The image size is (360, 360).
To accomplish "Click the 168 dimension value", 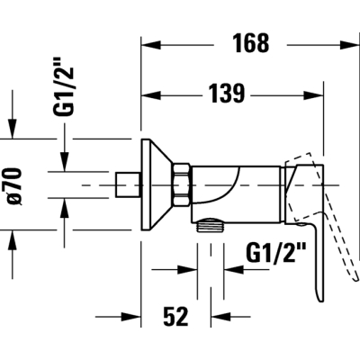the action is pos(251,43).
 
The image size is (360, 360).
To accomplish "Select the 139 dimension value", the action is pos(227,94).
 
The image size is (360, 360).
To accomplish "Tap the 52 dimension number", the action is pos(175,316).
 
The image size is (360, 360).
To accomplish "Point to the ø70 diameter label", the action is pos(14,186).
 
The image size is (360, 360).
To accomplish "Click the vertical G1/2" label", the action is pos(63,92).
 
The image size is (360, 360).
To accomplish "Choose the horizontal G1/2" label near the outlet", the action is pos(276,253).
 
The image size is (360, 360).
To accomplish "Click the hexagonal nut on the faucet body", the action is pos(181,184).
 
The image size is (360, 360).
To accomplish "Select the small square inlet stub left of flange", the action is pos(128,184).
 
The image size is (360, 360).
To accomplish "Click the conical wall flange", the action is pos(156,184).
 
